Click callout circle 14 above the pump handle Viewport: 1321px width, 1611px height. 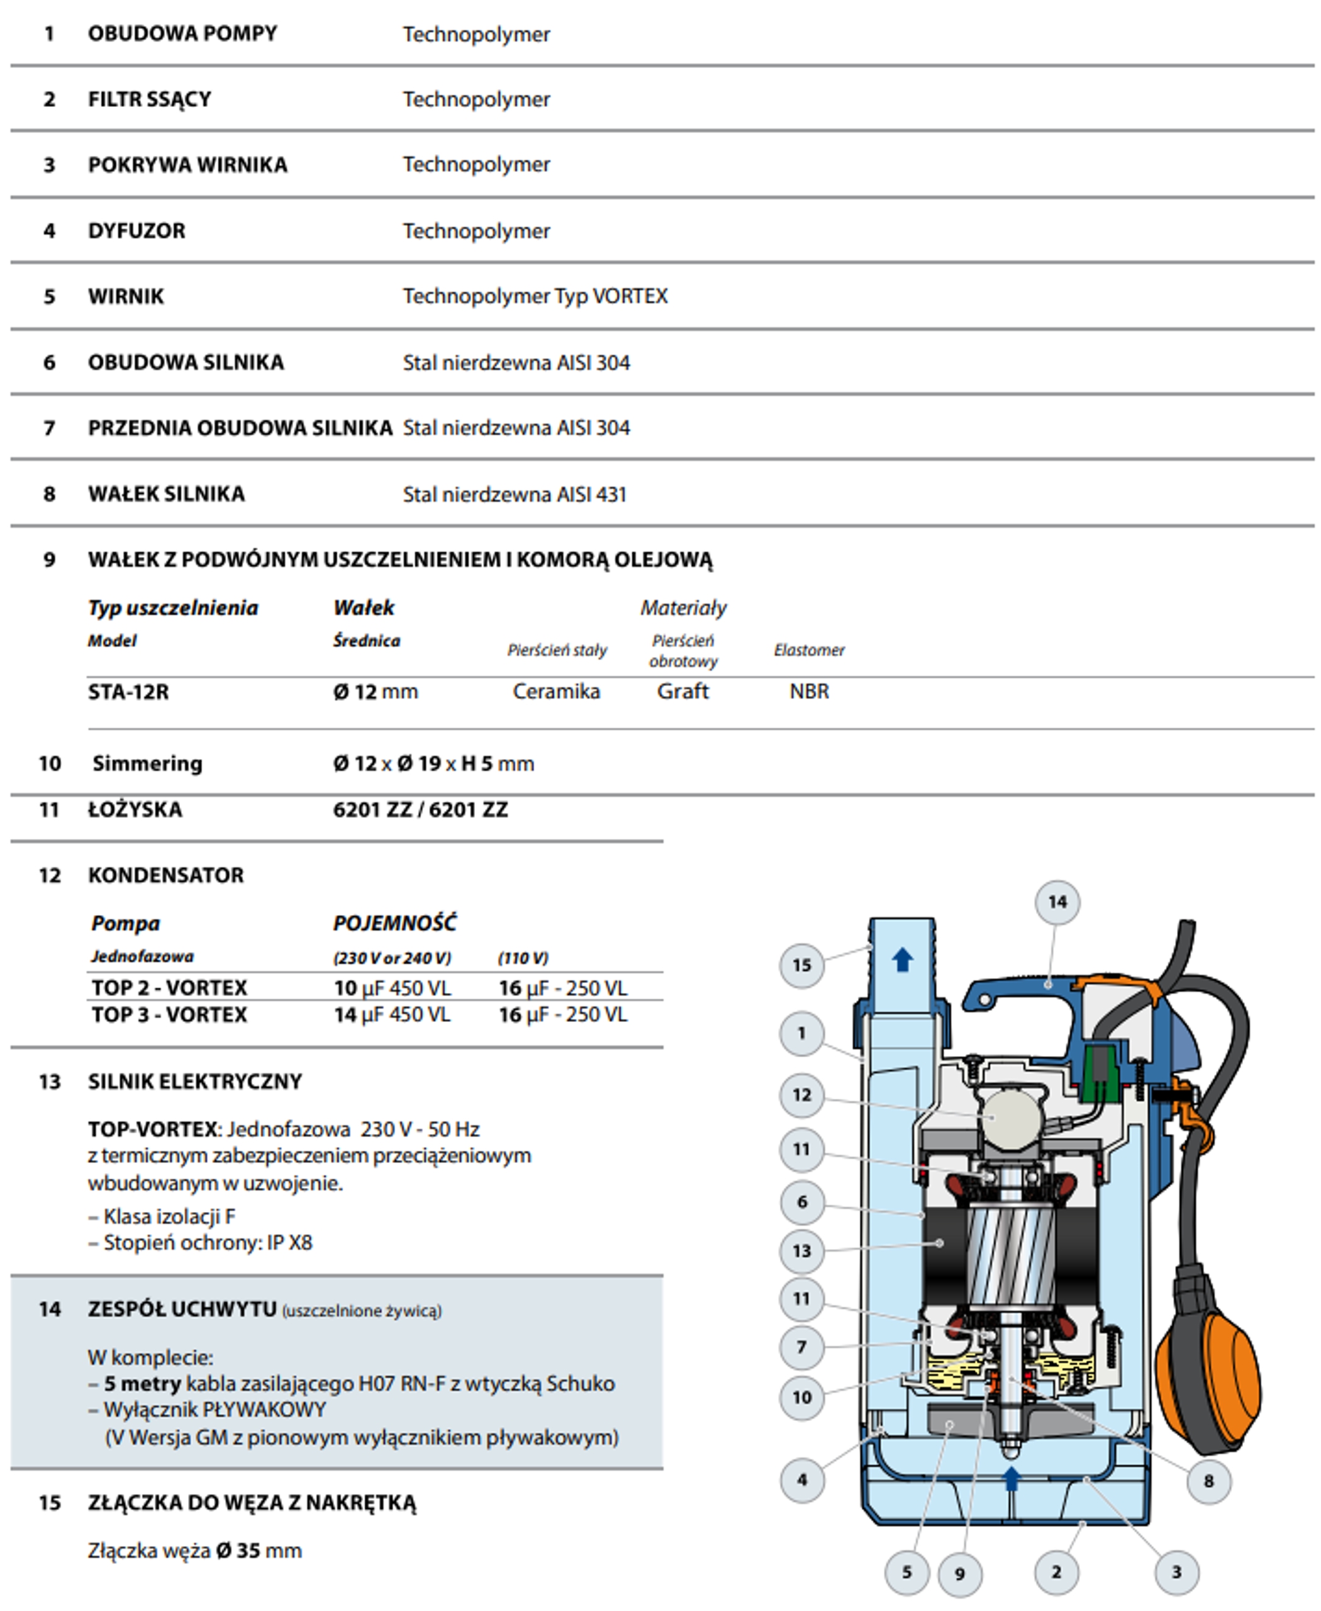(x=1057, y=902)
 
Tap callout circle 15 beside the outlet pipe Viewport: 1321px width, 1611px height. (x=801, y=965)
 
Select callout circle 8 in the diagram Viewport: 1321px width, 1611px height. (x=1208, y=1481)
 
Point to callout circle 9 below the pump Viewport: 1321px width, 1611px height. (x=959, y=1574)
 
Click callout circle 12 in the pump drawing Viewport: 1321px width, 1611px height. (x=801, y=1095)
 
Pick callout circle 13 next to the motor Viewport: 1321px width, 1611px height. (x=801, y=1251)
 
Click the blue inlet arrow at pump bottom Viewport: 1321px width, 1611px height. (x=1012, y=1478)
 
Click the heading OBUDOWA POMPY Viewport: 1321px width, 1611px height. (x=182, y=33)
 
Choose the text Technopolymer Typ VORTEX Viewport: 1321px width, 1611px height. (x=535, y=296)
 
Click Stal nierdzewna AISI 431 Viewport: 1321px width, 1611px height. (x=515, y=495)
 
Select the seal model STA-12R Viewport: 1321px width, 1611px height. (x=128, y=692)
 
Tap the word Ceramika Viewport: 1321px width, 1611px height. (x=556, y=692)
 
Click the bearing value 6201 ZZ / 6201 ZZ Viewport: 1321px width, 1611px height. (x=420, y=809)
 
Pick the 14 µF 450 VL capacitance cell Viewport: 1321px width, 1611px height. (x=392, y=1015)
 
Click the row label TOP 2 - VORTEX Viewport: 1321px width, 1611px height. (x=169, y=987)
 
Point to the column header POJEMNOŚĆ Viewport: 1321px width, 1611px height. (x=395, y=924)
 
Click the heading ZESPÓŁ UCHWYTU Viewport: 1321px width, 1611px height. (x=182, y=1309)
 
